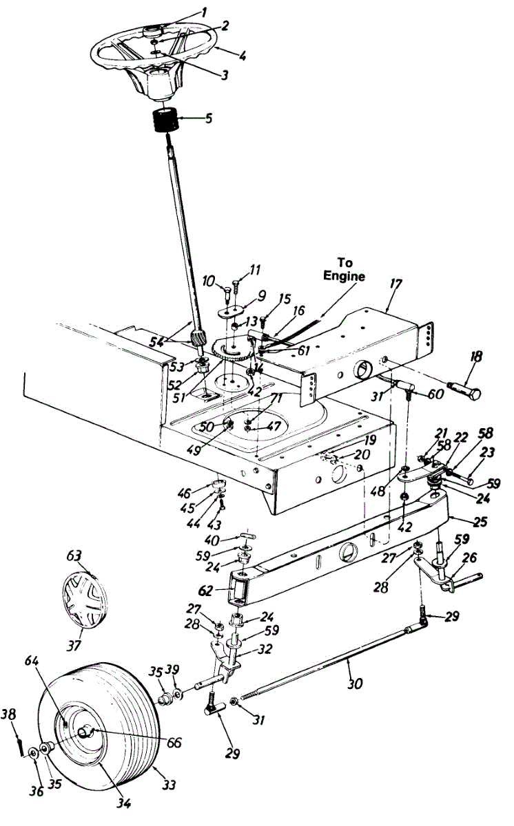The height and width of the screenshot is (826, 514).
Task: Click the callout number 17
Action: pyautogui.click(x=393, y=284)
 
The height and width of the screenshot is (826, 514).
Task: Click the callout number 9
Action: pyautogui.click(x=243, y=296)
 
